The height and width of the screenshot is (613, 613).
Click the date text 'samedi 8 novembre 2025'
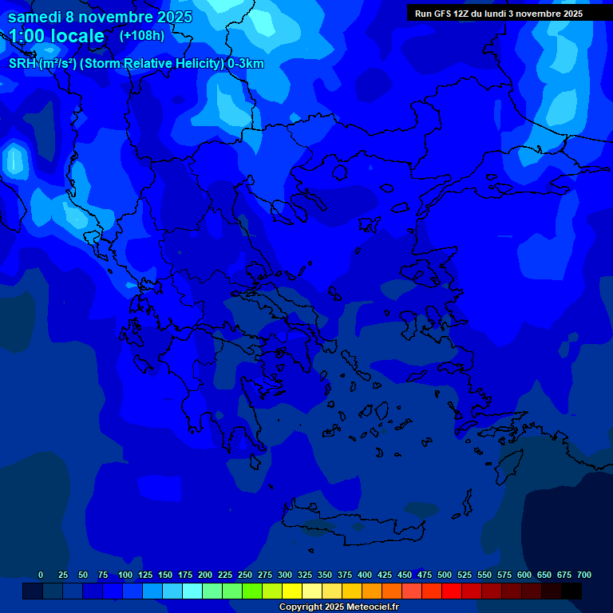100,18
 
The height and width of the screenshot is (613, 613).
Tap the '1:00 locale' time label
56,36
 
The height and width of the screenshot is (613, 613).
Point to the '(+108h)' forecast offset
142,35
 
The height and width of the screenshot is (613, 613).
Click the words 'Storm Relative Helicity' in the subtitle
151,64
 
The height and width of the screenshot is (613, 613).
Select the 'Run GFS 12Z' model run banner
499,14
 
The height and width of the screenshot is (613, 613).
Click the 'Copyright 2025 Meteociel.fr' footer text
338,607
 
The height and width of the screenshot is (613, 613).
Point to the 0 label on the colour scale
41,575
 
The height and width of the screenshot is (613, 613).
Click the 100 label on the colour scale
125,575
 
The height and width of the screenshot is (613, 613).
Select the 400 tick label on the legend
365,575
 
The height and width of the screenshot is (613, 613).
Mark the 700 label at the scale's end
584,575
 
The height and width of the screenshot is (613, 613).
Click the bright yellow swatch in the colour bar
292,591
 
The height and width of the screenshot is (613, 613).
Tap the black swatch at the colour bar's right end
571,591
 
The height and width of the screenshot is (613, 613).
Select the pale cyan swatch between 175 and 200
192,591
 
